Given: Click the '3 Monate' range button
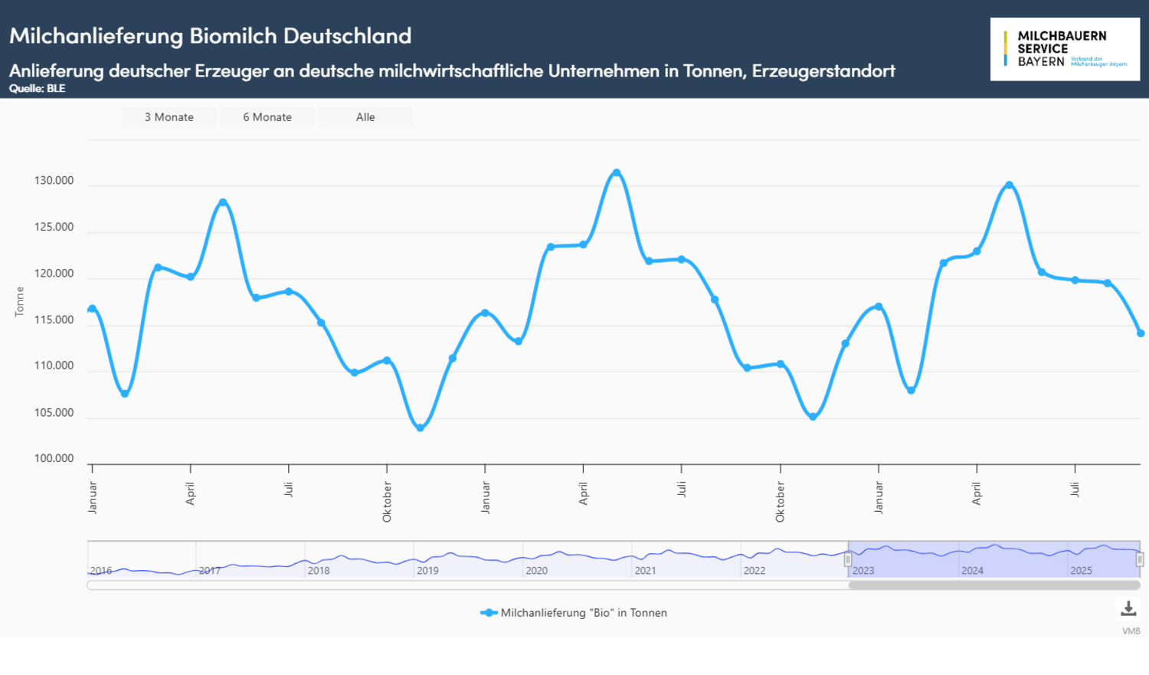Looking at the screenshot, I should [x=169, y=117].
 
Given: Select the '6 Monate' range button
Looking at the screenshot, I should [x=267, y=117].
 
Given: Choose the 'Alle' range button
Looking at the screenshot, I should [x=365, y=117].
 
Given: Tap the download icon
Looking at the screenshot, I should [x=1128, y=609].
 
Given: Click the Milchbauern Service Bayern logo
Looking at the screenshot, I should [x=1065, y=49].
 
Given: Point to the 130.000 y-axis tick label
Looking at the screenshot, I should [x=54, y=181].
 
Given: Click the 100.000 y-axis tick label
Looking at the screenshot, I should [x=54, y=459].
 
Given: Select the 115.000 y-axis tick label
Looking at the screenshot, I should [x=54, y=320].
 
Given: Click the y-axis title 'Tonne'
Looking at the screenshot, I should [x=20, y=302].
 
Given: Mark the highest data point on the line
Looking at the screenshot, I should [x=617, y=173].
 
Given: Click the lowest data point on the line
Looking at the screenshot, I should [x=420, y=428].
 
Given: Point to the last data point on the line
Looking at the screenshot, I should [x=1141, y=333].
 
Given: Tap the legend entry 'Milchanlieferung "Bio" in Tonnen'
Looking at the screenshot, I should [x=583, y=613].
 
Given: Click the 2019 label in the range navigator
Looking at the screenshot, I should [x=427, y=571].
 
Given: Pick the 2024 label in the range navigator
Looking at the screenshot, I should [x=972, y=571].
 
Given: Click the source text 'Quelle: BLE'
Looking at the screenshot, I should [x=37, y=89].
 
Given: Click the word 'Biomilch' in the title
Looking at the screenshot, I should [x=233, y=36].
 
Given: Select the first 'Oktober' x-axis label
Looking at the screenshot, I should [x=388, y=502].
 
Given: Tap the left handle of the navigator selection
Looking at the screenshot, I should [x=848, y=560].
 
